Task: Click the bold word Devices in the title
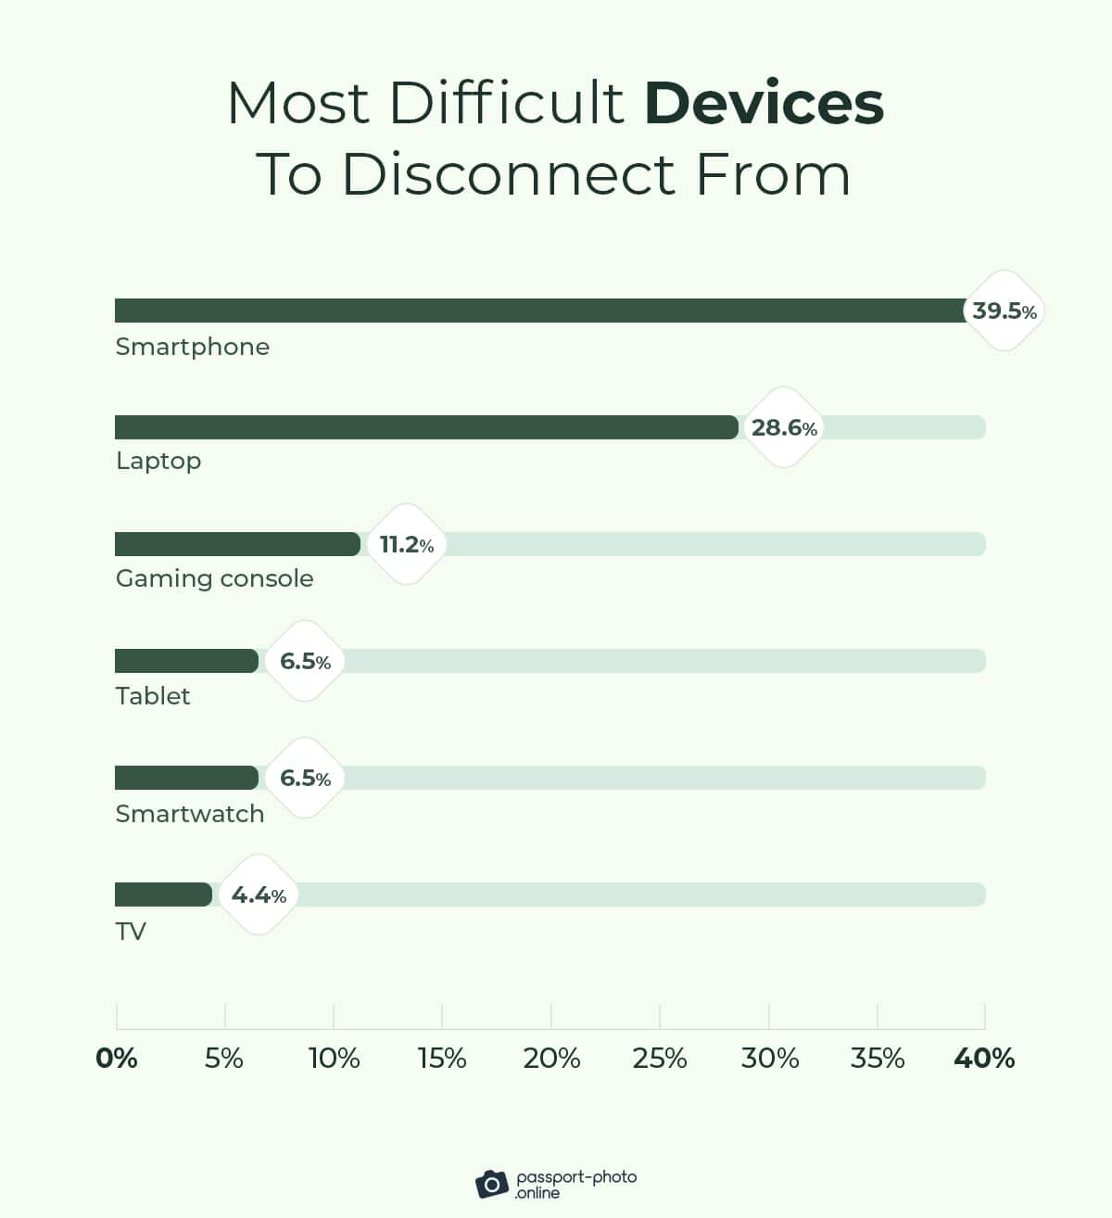coord(764,103)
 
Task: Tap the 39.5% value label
coord(1004,311)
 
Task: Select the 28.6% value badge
coord(784,427)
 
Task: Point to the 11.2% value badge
coord(406,544)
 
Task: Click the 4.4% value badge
coord(259,894)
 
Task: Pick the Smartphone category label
coord(193,347)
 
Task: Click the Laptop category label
coord(158,461)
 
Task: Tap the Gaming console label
coord(215,578)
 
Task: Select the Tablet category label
coord(153,695)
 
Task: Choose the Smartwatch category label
coord(190,813)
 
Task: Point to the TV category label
coord(131,931)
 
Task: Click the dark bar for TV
coord(163,894)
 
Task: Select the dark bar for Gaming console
coord(237,544)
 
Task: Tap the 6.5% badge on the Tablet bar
coord(305,661)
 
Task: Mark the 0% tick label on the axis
coord(117,1058)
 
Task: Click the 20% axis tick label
coord(551,1058)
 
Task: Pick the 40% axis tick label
coord(984,1058)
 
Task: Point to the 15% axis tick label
coord(442,1058)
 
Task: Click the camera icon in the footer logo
coord(492,1184)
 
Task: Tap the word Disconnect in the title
coord(509,173)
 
